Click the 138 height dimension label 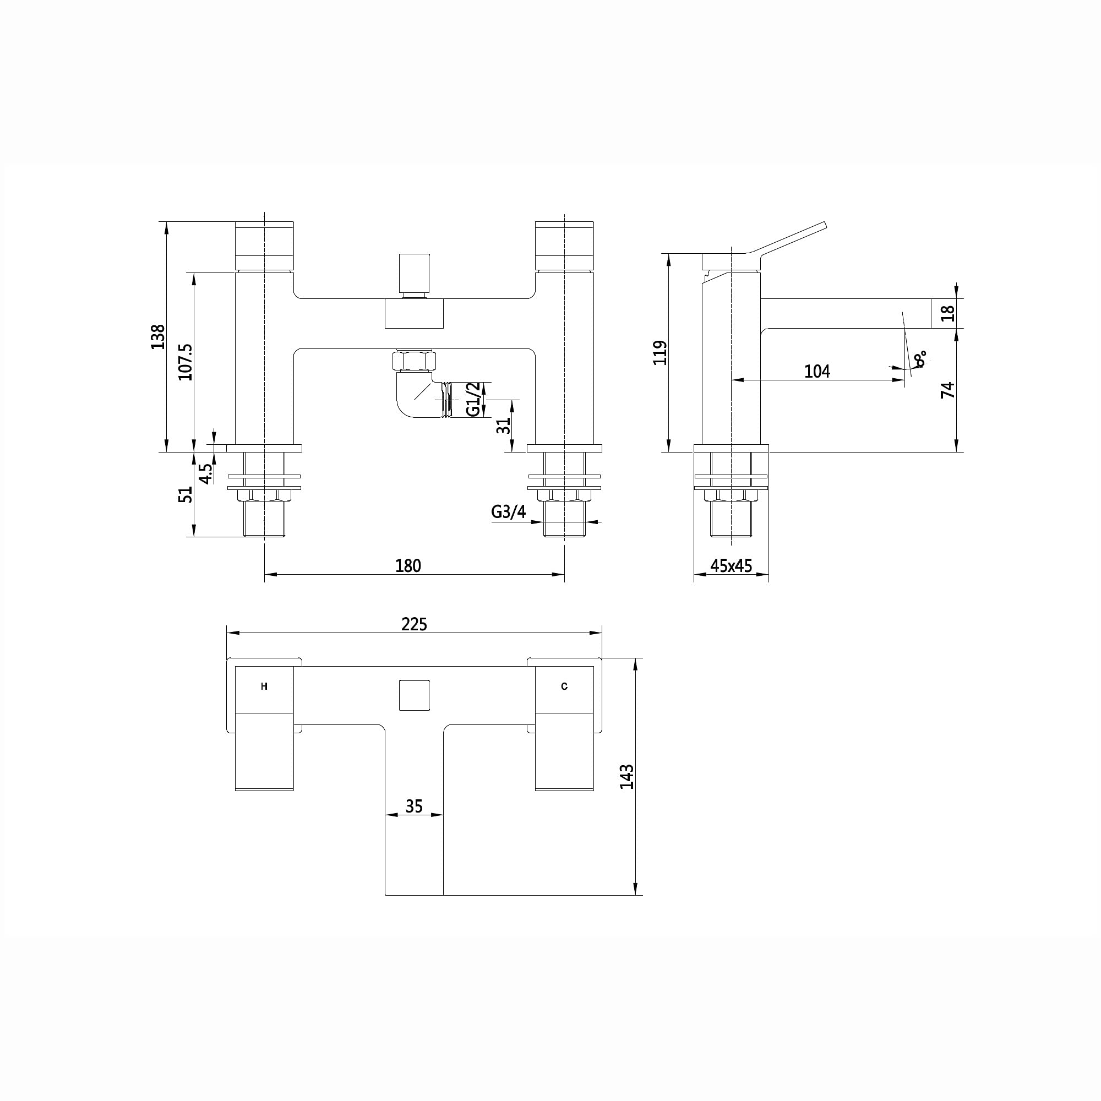158,336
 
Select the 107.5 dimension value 185,362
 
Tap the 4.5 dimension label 205,473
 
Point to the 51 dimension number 185,494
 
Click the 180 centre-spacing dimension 408,566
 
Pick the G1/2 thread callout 472,400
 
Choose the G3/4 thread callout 508,513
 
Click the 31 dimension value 503,426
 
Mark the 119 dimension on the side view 659,353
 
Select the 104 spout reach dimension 817,371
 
